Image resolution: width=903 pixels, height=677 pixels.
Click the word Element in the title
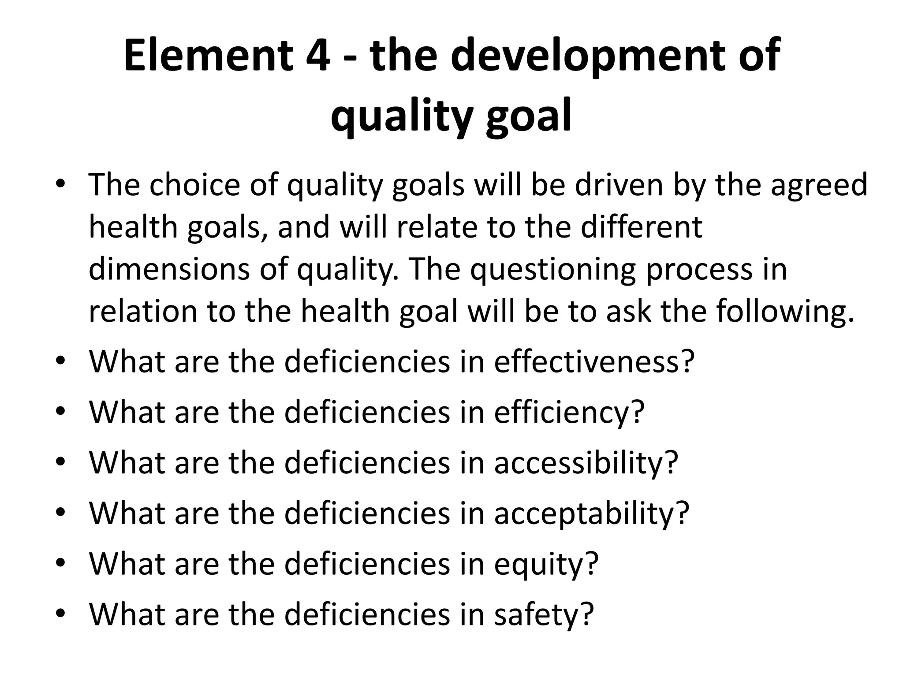click(x=208, y=56)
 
